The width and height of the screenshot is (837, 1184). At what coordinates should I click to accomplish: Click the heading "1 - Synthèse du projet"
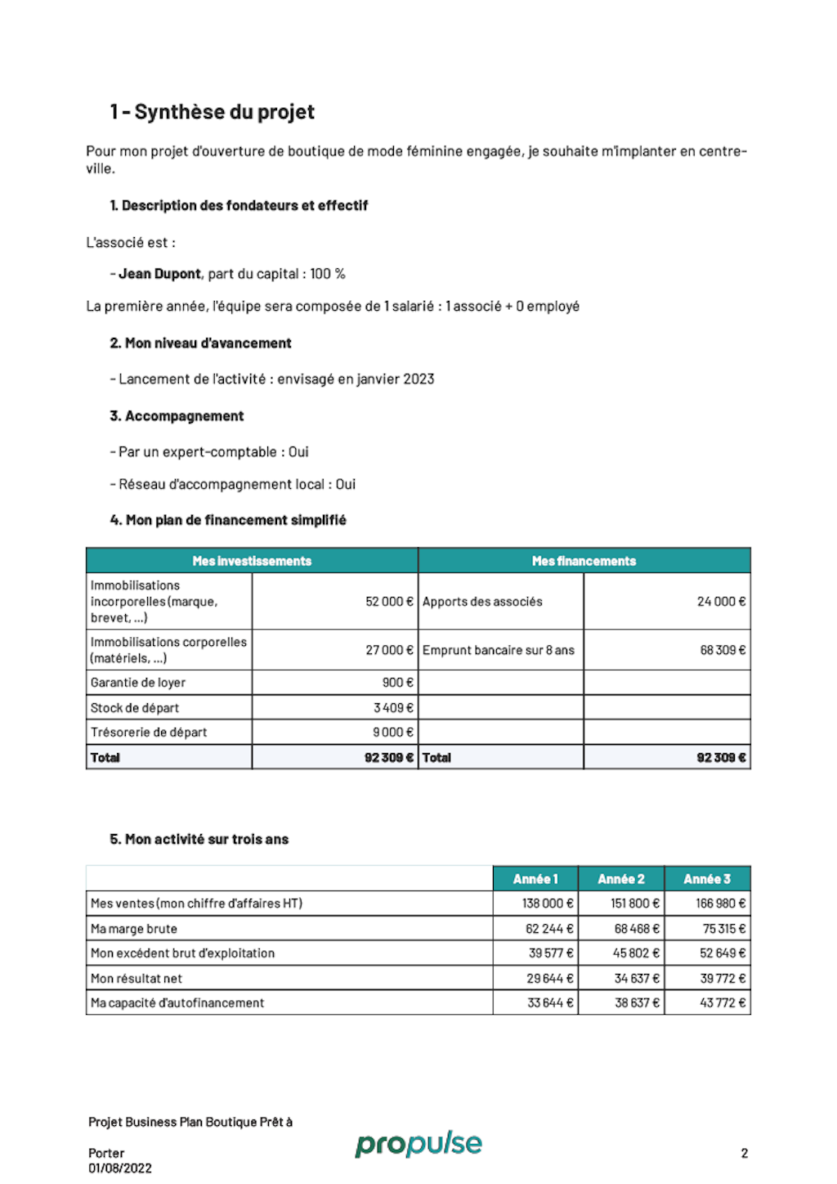212,112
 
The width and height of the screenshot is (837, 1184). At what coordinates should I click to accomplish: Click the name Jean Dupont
160,274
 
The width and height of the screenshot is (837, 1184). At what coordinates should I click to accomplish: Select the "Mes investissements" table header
252,561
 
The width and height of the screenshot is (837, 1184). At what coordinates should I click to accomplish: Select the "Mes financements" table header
584,561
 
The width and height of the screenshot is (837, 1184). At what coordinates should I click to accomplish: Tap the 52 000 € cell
389,602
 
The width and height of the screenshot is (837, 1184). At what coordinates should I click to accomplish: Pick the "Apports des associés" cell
482,602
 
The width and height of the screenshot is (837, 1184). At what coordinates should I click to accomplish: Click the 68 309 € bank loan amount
723,650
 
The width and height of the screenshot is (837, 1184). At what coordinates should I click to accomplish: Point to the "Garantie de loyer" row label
138,683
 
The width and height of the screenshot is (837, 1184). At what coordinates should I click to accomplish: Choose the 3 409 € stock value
393,708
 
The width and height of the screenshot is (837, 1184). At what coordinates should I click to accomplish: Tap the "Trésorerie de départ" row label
149,733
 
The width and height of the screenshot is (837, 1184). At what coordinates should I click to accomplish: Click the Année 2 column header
621,879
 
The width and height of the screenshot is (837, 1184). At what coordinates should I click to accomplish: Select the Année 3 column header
707,879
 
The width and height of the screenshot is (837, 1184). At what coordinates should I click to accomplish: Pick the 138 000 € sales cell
548,904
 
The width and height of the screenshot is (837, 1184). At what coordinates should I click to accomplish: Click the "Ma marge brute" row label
134,929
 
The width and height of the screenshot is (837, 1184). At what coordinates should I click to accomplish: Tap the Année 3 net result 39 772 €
723,979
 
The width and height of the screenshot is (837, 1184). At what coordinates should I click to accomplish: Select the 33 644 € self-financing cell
550,1003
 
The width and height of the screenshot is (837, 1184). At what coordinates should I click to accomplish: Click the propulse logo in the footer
418,1144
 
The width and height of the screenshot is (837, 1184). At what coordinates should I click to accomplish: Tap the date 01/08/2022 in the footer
120,1168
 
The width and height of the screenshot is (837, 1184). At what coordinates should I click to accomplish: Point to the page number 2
745,1154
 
